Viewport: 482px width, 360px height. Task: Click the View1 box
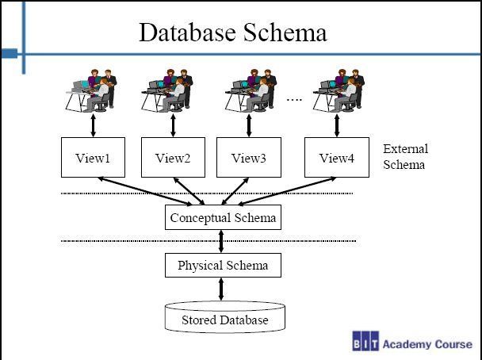click(x=93, y=158)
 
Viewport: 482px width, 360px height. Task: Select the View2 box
click(x=173, y=158)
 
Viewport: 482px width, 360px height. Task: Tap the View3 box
click(x=249, y=158)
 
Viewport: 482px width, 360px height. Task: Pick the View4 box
click(x=337, y=158)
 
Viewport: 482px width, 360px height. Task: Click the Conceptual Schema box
click(x=224, y=217)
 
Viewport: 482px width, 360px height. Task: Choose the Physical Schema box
click(x=224, y=266)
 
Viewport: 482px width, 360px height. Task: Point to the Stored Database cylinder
click(x=225, y=316)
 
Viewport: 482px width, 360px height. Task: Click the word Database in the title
click(x=188, y=32)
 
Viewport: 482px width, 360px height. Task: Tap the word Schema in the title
click(x=285, y=32)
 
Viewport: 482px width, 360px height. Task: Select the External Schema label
click(x=405, y=157)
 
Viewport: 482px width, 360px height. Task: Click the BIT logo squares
click(x=365, y=341)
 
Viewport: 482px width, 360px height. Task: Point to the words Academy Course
click(x=427, y=344)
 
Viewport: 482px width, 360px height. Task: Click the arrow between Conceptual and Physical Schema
click(x=221, y=241)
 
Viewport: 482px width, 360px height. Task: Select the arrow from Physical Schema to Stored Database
click(x=221, y=289)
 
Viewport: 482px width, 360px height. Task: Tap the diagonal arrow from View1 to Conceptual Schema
click(x=145, y=191)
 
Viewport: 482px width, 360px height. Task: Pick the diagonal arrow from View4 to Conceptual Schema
click(x=287, y=191)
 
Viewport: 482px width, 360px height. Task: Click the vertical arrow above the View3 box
click(x=249, y=125)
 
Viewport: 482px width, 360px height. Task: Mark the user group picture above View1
click(x=91, y=90)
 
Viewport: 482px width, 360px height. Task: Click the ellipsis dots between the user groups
click(x=294, y=99)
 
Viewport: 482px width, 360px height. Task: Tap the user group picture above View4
click(x=339, y=90)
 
